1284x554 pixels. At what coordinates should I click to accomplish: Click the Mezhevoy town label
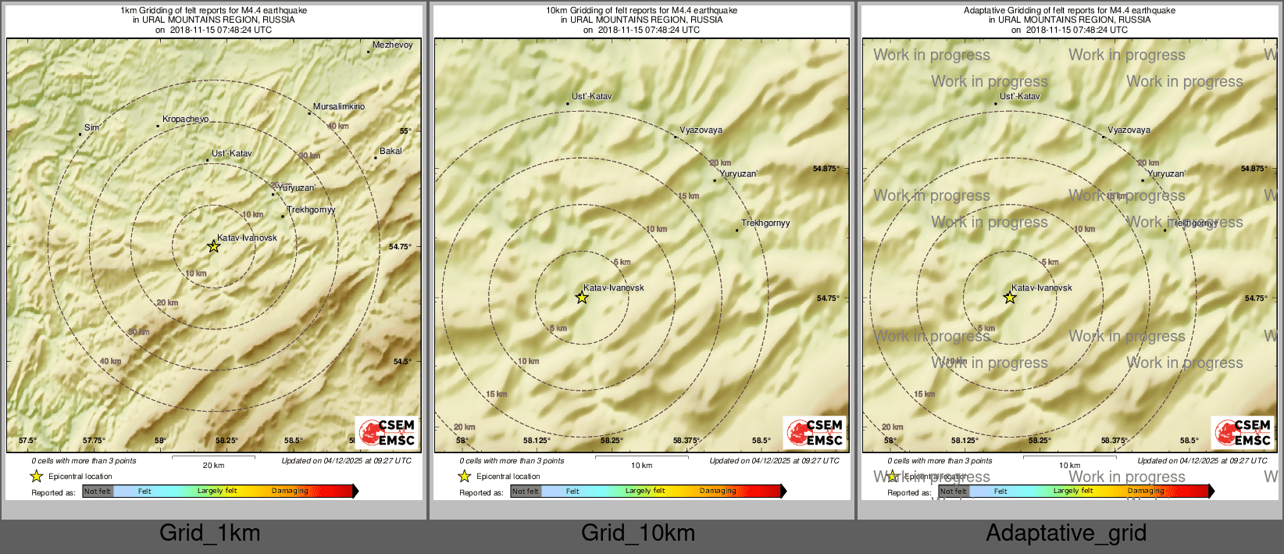click(392, 45)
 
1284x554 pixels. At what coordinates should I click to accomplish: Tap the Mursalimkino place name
click(338, 107)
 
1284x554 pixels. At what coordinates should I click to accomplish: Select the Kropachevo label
click(185, 120)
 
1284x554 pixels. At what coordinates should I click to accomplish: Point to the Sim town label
click(91, 128)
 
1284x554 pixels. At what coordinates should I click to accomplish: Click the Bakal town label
click(391, 152)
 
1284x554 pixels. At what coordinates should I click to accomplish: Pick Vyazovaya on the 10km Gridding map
click(701, 130)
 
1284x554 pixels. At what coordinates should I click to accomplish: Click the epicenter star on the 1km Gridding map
click(213, 247)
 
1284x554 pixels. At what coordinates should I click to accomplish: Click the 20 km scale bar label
click(213, 466)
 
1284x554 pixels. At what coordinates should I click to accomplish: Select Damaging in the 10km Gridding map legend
click(718, 491)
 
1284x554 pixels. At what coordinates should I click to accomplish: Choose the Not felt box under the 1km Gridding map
click(98, 491)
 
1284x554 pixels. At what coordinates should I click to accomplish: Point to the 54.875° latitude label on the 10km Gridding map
click(826, 169)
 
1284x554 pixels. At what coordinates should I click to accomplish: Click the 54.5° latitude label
click(401, 362)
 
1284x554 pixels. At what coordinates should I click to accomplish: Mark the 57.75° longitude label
click(94, 441)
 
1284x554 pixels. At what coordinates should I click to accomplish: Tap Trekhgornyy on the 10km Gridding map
click(765, 223)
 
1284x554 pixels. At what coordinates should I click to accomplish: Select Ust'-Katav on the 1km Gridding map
click(231, 154)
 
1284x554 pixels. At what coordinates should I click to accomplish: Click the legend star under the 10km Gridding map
click(465, 477)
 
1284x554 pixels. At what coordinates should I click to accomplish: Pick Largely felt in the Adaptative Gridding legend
click(1072, 491)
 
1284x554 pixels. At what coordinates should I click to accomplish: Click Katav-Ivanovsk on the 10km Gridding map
click(614, 288)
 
